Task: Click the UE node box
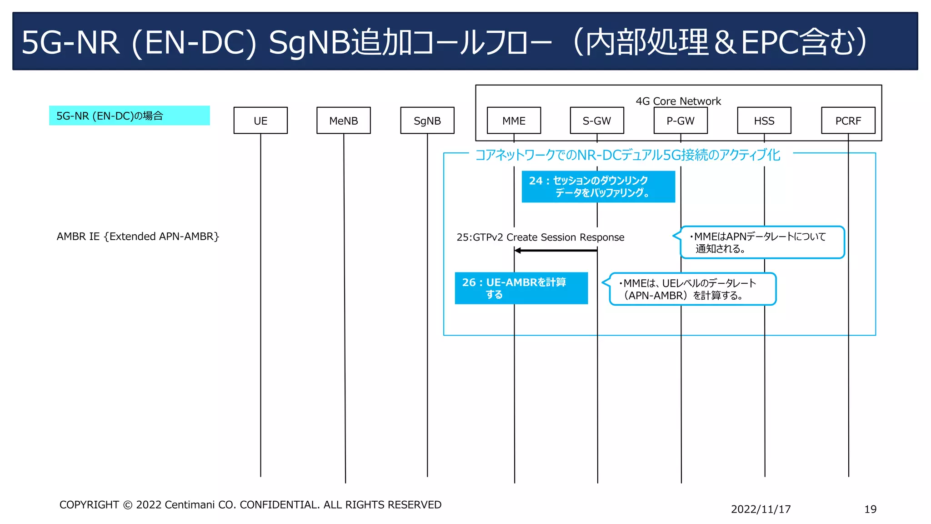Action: pyautogui.click(x=260, y=121)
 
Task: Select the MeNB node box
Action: pyautogui.click(x=343, y=121)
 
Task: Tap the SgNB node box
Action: pyautogui.click(x=427, y=121)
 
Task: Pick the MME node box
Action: pyautogui.click(x=514, y=121)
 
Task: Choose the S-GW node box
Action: pyautogui.click(x=596, y=121)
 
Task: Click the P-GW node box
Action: pyautogui.click(x=680, y=121)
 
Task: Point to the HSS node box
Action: pyautogui.click(x=764, y=121)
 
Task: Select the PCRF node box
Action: pyautogui.click(x=848, y=121)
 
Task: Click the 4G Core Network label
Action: pyautogui.click(x=678, y=101)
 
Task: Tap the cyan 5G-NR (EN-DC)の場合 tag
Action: pyautogui.click(x=129, y=116)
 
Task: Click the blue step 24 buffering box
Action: pyautogui.click(x=598, y=186)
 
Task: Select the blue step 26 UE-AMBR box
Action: pyautogui.click(x=521, y=288)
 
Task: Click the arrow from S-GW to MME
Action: pyautogui.click(x=556, y=251)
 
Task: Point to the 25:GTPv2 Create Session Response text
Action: pyautogui.click(x=540, y=237)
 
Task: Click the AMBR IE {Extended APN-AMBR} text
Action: pyautogui.click(x=138, y=237)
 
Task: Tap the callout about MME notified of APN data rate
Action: pyautogui.click(x=762, y=242)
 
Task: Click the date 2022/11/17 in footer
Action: pyautogui.click(x=761, y=509)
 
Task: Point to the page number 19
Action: pyautogui.click(x=870, y=509)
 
